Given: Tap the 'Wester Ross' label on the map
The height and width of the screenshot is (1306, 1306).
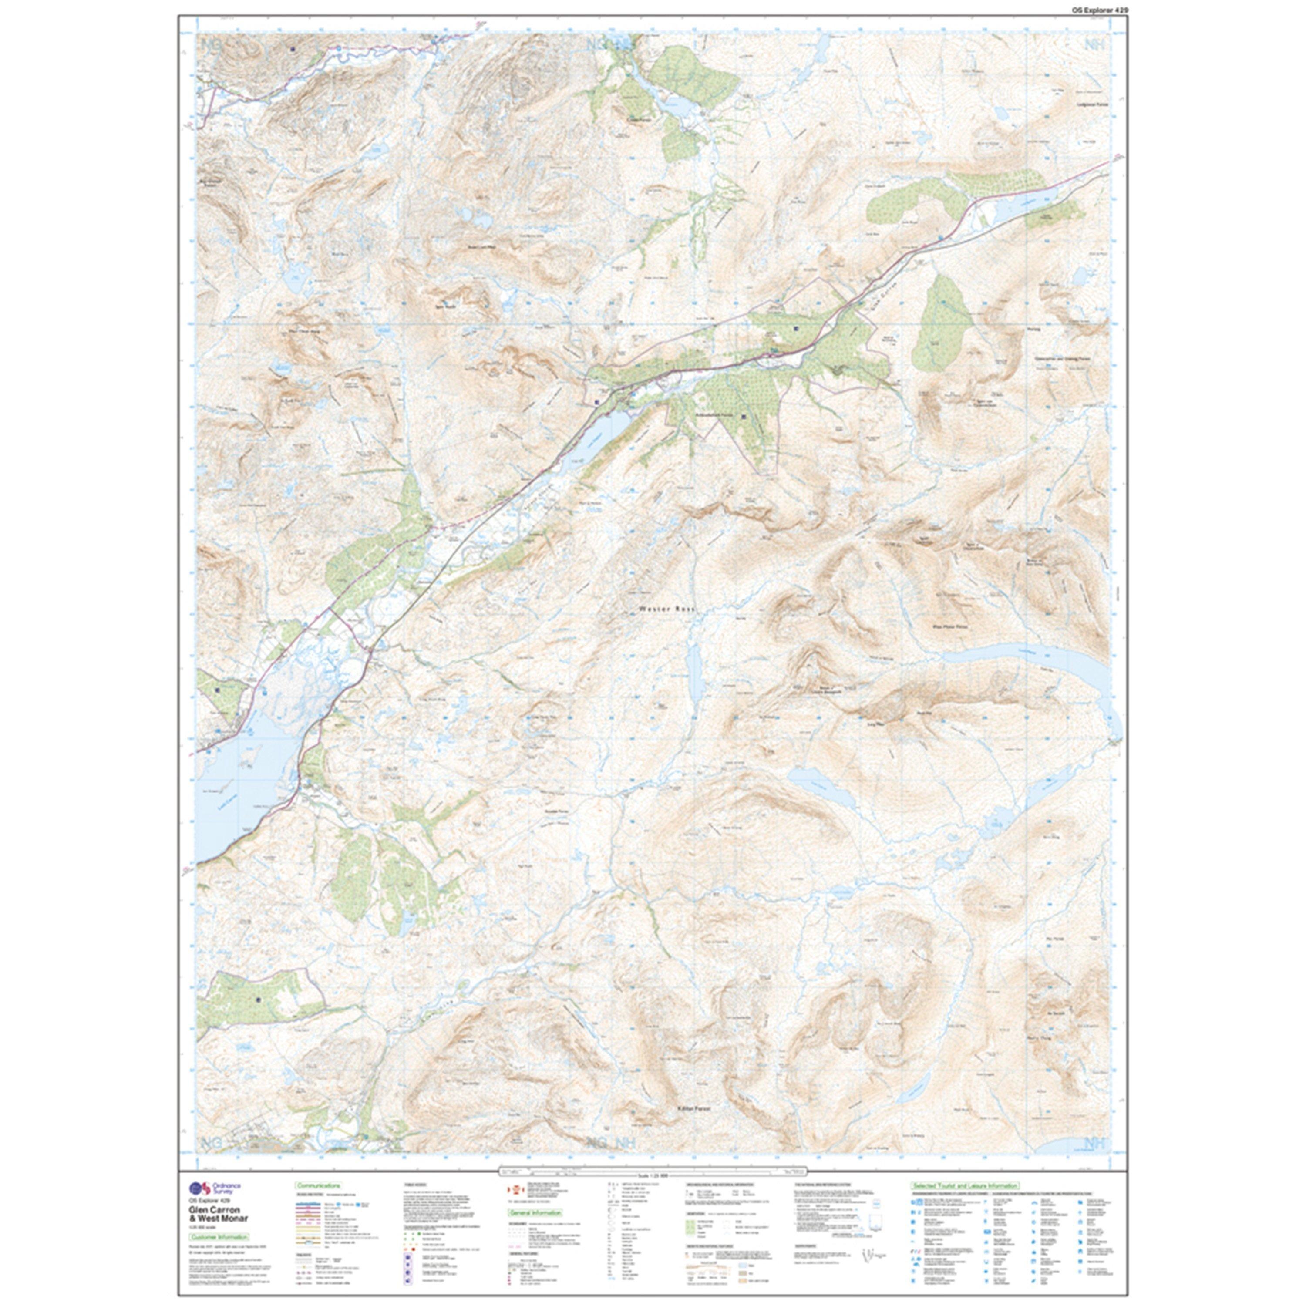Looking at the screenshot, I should (x=666, y=609).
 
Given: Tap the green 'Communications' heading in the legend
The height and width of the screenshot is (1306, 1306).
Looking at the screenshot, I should (x=318, y=1186).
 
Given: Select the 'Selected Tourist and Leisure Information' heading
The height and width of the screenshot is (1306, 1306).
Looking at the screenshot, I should (x=965, y=1186).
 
